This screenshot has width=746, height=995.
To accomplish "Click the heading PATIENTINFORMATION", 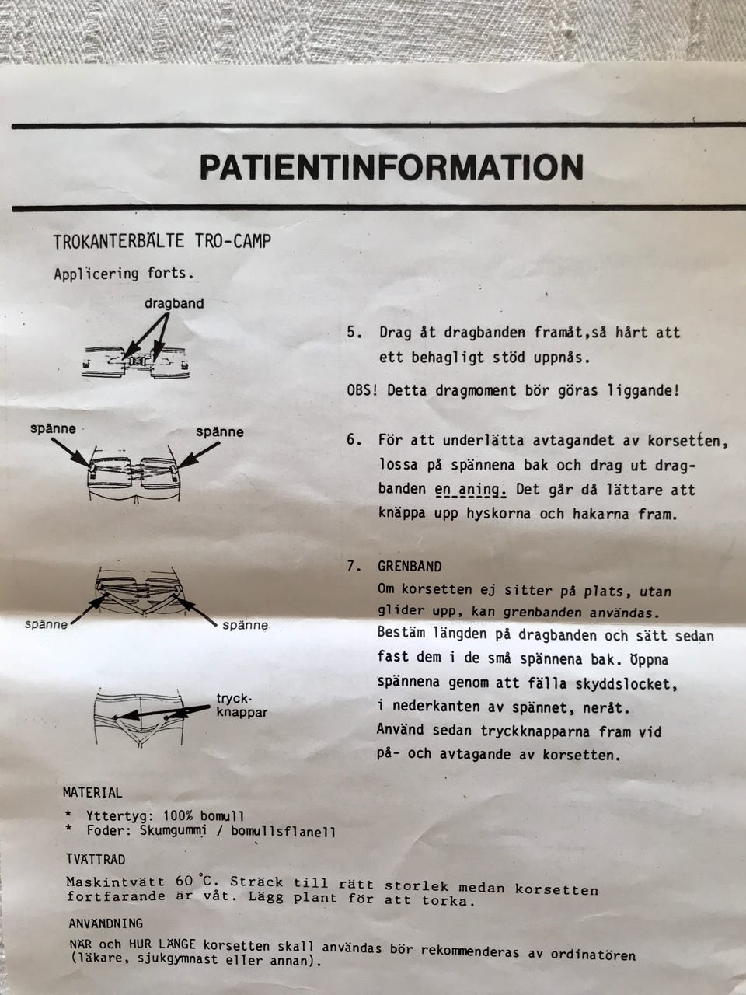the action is point(392,167).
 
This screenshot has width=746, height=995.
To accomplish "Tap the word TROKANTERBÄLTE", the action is point(119,242).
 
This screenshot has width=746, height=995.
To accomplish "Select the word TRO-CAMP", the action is point(233,241).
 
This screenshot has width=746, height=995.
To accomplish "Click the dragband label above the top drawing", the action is point(174,303).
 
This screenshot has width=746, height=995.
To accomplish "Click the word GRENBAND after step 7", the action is point(410,567).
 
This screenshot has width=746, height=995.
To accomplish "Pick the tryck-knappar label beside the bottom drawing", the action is point(242,706).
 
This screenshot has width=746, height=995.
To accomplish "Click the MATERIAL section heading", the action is point(92,792).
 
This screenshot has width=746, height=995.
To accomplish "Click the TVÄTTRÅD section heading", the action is point(96,859).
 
